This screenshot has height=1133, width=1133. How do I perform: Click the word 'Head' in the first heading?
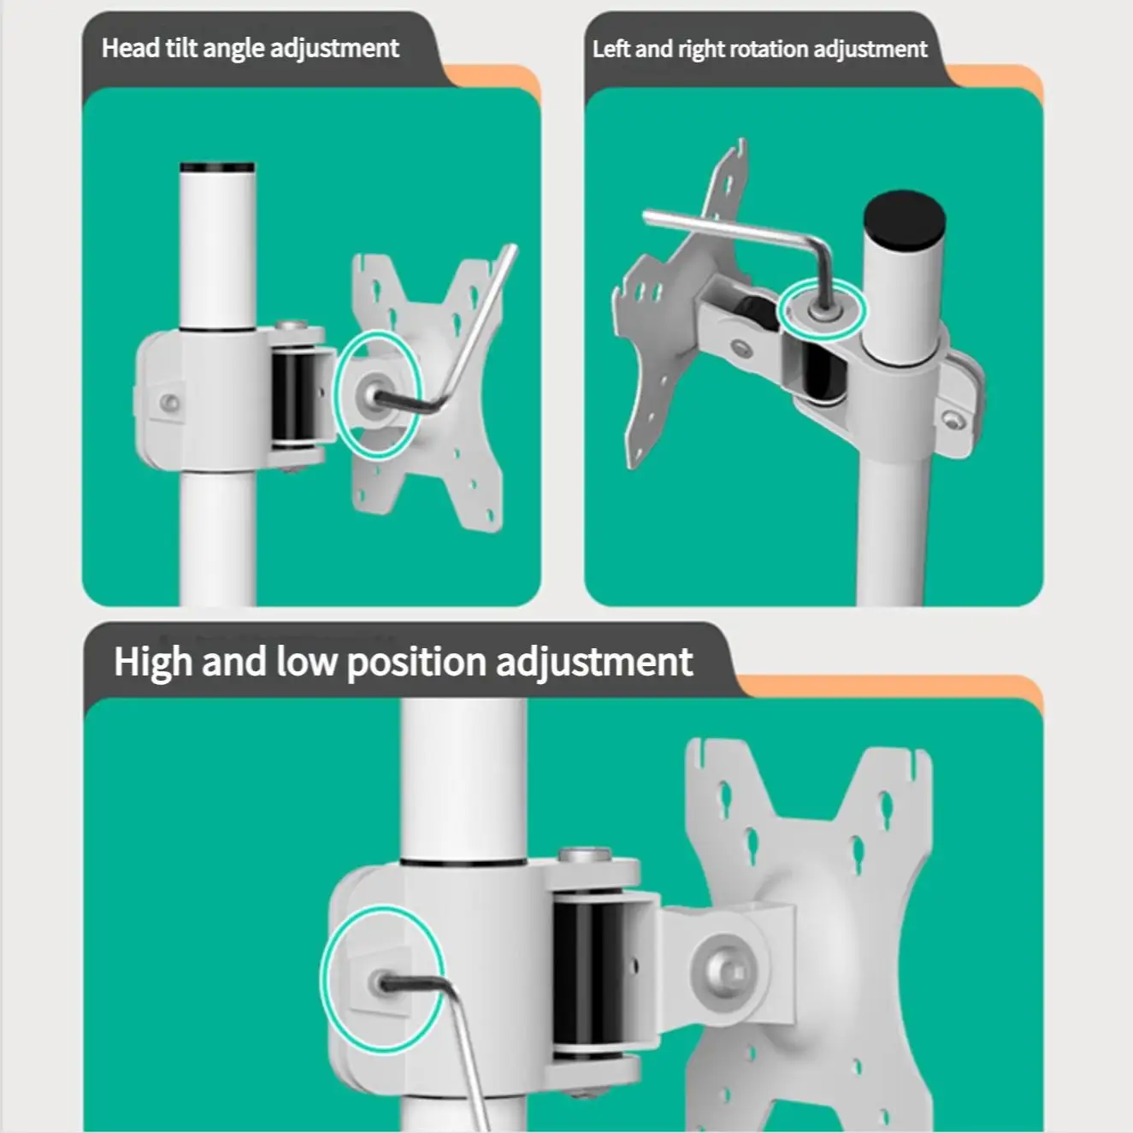point(130,48)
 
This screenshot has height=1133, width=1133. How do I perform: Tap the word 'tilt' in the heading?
point(180,48)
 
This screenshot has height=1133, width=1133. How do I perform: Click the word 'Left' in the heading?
point(611,49)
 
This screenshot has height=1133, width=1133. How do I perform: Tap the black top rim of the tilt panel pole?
point(217,167)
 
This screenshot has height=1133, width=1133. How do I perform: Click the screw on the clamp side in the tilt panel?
point(171,403)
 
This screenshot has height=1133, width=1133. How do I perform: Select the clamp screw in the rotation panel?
point(952,421)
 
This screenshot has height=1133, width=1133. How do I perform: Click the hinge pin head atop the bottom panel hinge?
point(584,853)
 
